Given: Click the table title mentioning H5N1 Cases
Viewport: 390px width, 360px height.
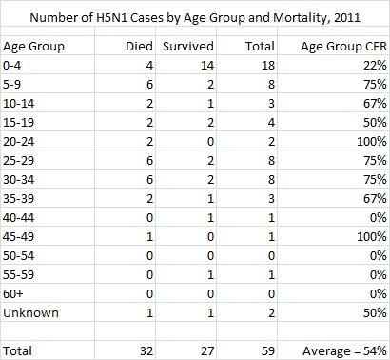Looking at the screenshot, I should pos(194,16).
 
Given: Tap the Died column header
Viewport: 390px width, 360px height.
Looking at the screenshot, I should pos(140,45).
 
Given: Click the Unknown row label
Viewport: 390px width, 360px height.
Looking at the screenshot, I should pos(31,313).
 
